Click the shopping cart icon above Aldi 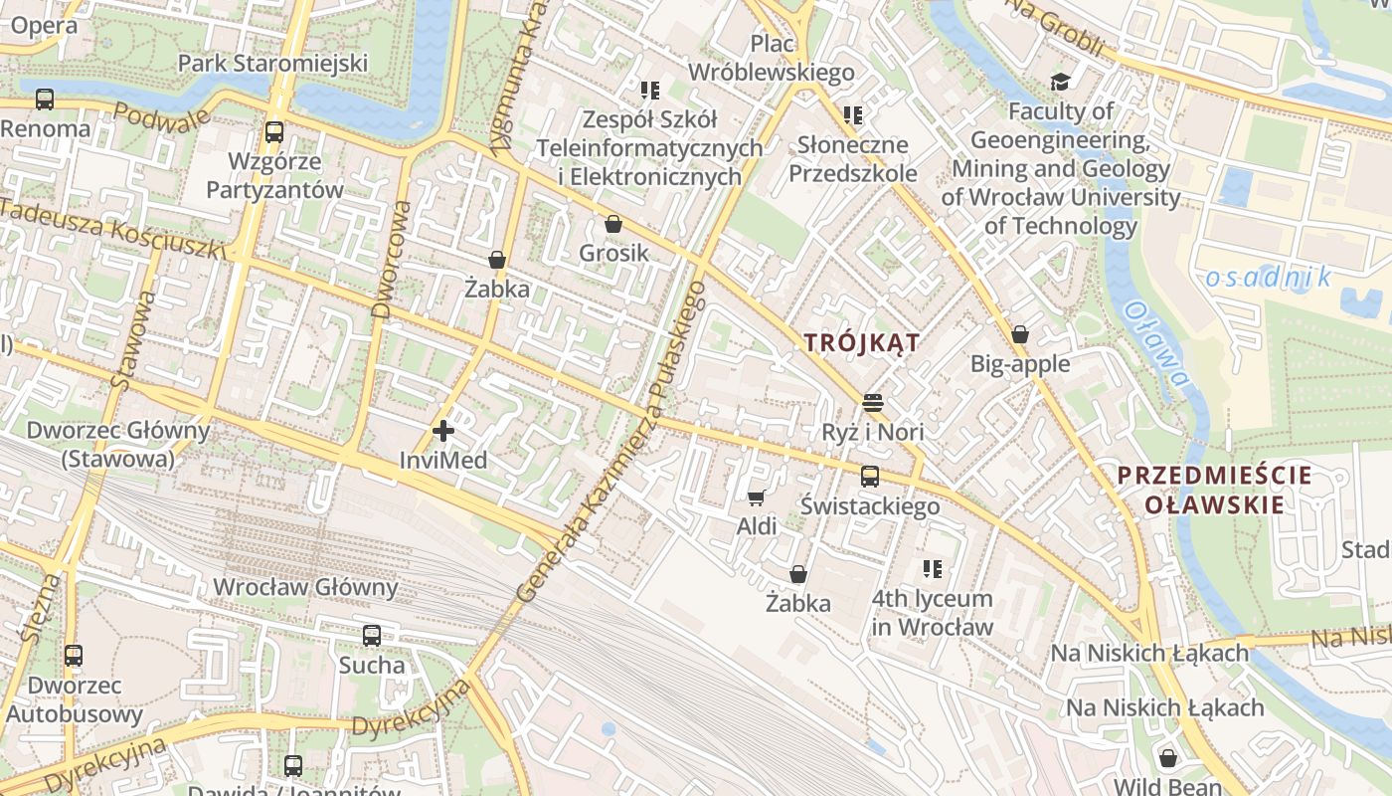pyautogui.click(x=757, y=497)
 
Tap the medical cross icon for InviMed pyautogui.click(x=443, y=431)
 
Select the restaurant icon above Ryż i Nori pyautogui.click(x=873, y=403)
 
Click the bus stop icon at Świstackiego pyautogui.click(x=870, y=477)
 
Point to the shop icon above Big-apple pyautogui.click(x=1019, y=334)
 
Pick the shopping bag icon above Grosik pyautogui.click(x=613, y=224)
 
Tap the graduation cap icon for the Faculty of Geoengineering pyautogui.click(x=1061, y=82)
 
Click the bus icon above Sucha pyautogui.click(x=372, y=635)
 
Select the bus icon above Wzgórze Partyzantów pyautogui.click(x=273, y=131)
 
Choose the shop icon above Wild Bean pyautogui.click(x=1168, y=758)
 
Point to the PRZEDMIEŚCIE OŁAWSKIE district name pyautogui.click(x=1213, y=490)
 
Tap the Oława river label pyautogui.click(x=1156, y=344)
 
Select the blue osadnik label pyautogui.click(x=1268, y=278)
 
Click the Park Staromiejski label pyautogui.click(x=272, y=64)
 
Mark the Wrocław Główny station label pyautogui.click(x=305, y=586)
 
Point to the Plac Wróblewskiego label pyautogui.click(x=772, y=58)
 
